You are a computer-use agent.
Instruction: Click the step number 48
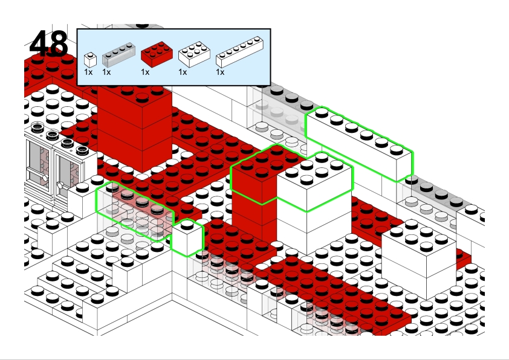click(x=49, y=43)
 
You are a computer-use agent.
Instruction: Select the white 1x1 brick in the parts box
click(x=90, y=60)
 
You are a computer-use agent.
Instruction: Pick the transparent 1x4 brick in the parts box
click(x=118, y=54)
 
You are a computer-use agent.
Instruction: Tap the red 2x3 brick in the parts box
click(x=157, y=54)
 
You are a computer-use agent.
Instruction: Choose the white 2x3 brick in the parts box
click(x=194, y=54)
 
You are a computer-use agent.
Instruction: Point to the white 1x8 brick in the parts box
click(x=239, y=52)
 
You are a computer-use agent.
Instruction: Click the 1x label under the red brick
click(x=145, y=72)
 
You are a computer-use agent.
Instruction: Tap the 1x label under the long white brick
click(x=220, y=72)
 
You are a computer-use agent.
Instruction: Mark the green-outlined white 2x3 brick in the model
click(x=314, y=182)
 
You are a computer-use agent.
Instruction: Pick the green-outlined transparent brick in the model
click(x=135, y=211)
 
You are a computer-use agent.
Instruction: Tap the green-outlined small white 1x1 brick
click(x=187, y=237)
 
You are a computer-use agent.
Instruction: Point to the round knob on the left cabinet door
click(x=45, y=178)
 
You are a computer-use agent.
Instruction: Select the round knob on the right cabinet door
click(x=60, y=185)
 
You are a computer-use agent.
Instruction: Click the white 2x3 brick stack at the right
click(x=419, y=260)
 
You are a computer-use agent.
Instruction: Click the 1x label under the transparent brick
click(x=106, y=72)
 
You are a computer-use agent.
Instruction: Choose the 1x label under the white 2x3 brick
click(x=183, y=72)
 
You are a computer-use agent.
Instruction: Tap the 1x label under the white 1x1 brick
click(x=88, y=72)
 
